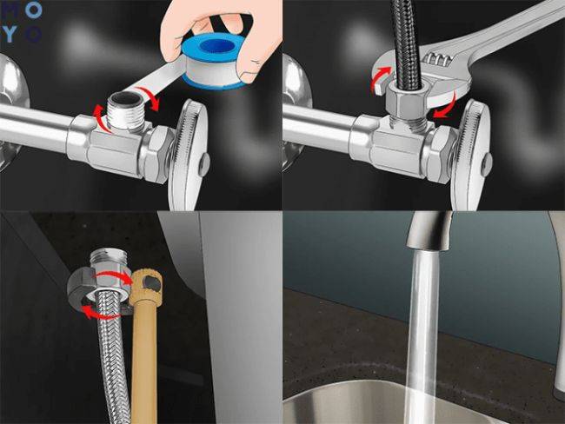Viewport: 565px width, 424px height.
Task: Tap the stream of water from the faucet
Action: point(423,330)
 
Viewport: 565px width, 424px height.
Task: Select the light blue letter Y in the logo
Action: point(10,34)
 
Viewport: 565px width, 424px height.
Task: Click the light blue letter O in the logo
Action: point(32,34)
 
